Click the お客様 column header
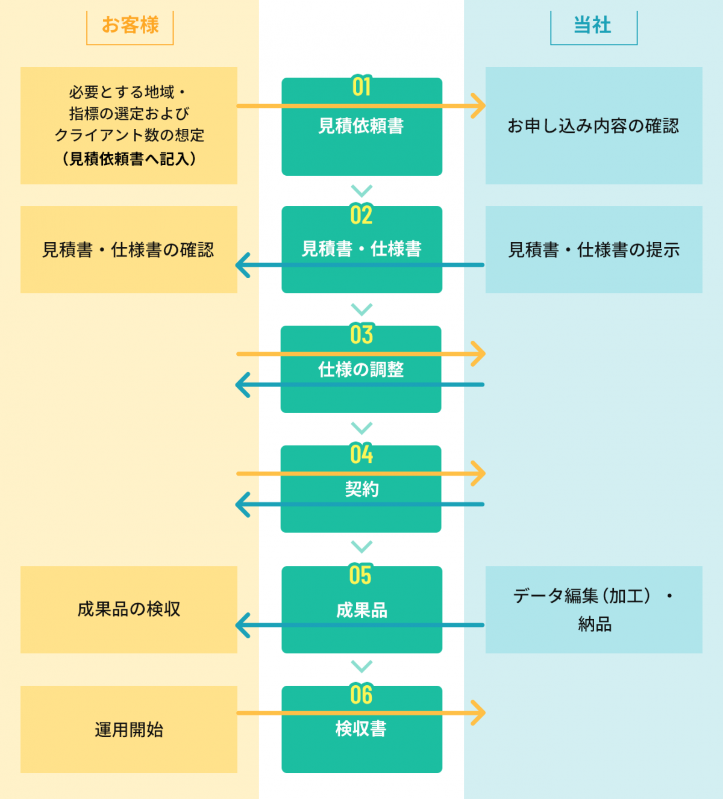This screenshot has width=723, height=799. (x=130, y=25)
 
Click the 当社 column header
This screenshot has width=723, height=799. (x=593, y=25)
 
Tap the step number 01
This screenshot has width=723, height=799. (x=361, y=87)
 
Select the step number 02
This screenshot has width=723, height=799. (x=361, y=215)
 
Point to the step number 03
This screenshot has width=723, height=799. (x=361, y=335)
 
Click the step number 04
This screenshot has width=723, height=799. (x=361, y=455)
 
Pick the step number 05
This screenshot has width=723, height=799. (x=361, y=575)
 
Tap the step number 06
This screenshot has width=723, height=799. (x=361, y=695)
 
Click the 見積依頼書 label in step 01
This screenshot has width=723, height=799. (x=361, y=126)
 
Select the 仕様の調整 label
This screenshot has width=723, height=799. (x=361, y=370)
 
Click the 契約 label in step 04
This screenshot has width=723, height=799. (x=361, y=489)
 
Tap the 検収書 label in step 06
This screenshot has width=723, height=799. (x=361, y=729)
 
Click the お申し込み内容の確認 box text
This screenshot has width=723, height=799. (x=593, y=126)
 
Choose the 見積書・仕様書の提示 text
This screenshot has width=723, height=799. (x=593, y=250)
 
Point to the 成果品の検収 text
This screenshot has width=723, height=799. (x=129, y=609)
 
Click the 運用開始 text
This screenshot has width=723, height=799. (x=129, y=730)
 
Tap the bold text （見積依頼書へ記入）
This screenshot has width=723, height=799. (x=129, y=159)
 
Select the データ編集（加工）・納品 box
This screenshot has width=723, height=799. (x=593, y=609)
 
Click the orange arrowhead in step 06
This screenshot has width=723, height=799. (x=478, y=713)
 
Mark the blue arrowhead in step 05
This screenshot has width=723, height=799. (x=243, y=626)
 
